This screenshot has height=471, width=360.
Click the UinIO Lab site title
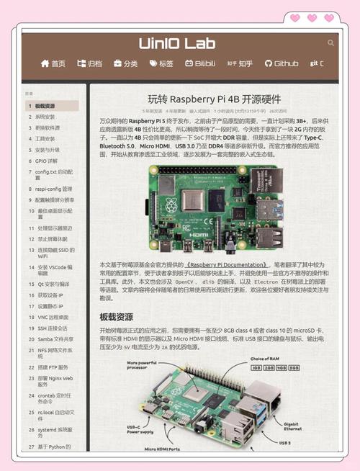(177, 44)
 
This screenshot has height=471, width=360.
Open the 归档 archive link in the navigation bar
(90, 64)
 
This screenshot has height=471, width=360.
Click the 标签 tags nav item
(161, 64)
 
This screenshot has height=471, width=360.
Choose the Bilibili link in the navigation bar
(199, 64)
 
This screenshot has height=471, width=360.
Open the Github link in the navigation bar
(282, 64)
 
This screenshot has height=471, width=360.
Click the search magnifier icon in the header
(330, 43)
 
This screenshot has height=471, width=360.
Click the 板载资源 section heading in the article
(117, 317)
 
